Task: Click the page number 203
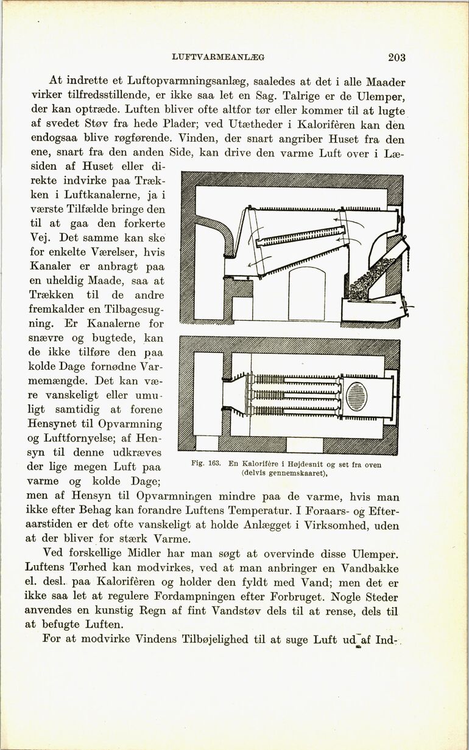coord(396,57)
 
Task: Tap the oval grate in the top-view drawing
coord(356,395)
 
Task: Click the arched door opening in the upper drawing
coord(306,294)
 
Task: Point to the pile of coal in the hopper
coord(368,277)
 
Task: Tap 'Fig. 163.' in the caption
coord(205,464)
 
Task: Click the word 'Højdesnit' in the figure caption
coord(296,464)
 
